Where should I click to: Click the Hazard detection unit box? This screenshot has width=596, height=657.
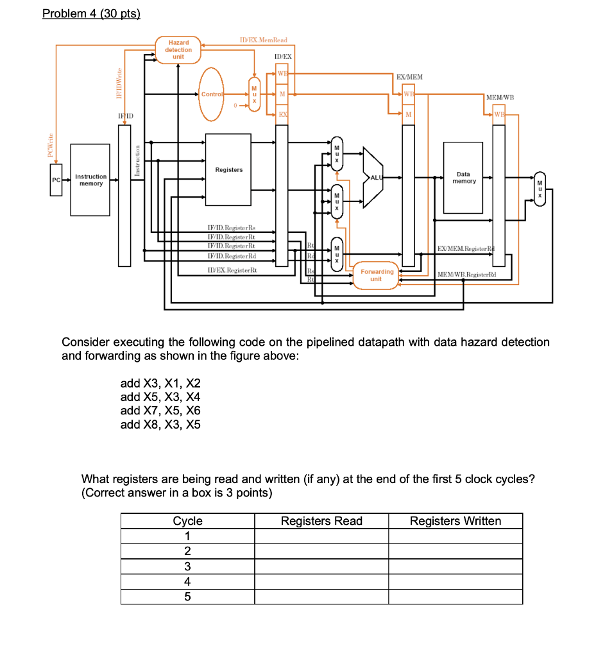tap(178, 49)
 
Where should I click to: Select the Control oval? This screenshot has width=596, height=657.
tap(212, 94)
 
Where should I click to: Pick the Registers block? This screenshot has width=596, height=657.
tap(228, 170)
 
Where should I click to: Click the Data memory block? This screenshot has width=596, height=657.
tap(463, 178)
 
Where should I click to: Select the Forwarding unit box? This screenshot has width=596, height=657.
tap(376, 275)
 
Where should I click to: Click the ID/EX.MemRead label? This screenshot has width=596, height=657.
tap(263, 40)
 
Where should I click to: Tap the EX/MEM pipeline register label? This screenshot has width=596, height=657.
tap(410, 77)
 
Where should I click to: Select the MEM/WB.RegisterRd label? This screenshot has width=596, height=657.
tap(467, 275)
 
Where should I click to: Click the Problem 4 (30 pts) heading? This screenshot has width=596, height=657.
tap(91, 14)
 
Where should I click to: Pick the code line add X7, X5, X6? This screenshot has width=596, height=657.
tap(160, 411)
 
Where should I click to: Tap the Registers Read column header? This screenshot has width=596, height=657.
tap(321, 521)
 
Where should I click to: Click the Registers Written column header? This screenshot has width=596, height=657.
tap(456, 521)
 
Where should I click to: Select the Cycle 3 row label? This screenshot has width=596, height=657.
tap(187, 567)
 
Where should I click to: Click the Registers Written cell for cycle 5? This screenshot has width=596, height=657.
tap(456, 597)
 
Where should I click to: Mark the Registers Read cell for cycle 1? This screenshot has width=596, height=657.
tap(321, 536)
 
